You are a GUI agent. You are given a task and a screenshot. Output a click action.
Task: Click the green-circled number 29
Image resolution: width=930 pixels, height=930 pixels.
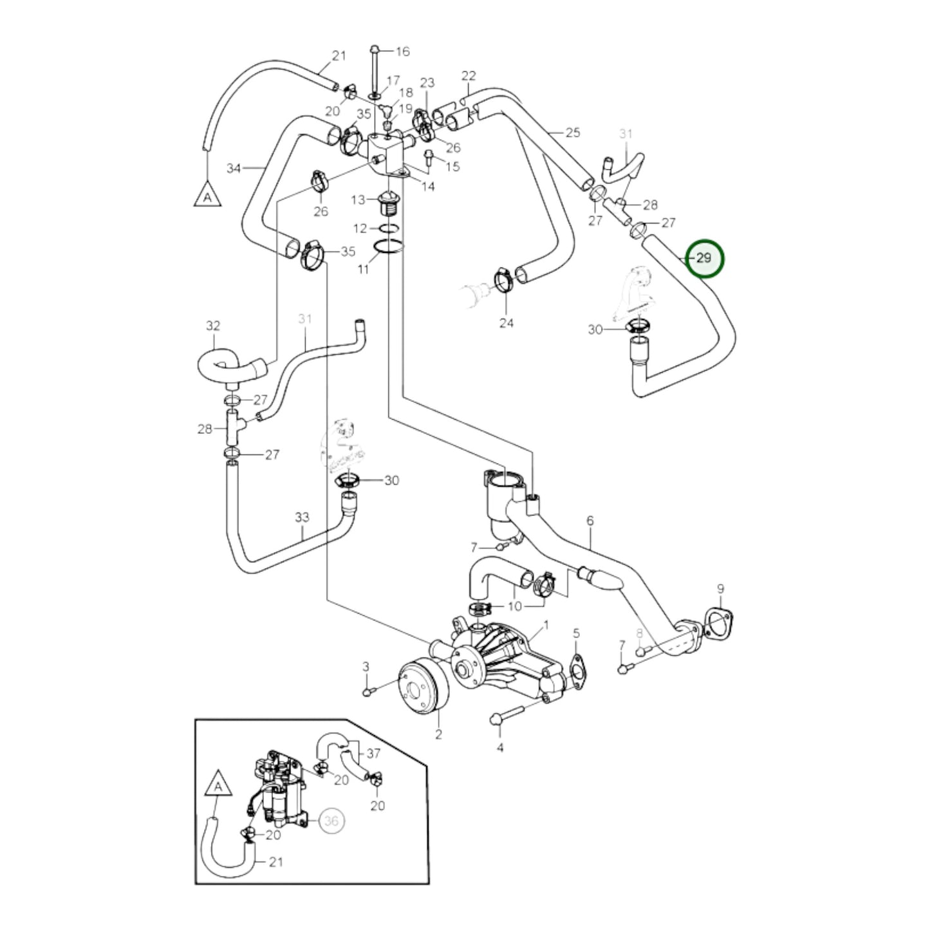point(705,258)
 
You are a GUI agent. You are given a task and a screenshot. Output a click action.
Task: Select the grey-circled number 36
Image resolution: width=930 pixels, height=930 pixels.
point(331,821)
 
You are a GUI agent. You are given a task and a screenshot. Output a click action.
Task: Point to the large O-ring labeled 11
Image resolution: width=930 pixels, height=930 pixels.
point(389,246)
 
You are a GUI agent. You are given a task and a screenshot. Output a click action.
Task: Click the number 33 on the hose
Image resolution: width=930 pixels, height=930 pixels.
point(302,517)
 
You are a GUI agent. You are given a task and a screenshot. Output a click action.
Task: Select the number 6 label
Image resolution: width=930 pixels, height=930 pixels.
point(590,520)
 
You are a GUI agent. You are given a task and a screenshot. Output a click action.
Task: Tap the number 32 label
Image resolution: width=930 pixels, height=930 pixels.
point(213,326)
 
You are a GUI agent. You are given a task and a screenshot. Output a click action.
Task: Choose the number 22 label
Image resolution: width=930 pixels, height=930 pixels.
point(469,76)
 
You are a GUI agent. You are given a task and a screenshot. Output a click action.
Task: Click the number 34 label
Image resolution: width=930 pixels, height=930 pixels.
point(233,169)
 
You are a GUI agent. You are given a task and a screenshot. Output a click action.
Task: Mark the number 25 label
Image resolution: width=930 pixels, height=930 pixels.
point(572,133)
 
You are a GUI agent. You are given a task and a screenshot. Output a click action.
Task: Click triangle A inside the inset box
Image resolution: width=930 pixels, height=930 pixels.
point(219,787)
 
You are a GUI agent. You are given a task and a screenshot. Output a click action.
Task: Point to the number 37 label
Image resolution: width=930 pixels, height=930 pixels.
point(373,753)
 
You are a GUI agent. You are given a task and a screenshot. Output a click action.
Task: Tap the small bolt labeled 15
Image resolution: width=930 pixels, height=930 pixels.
point(429,155)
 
